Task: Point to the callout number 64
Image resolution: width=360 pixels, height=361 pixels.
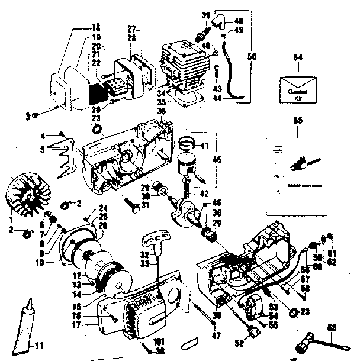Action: [x=298, y=57]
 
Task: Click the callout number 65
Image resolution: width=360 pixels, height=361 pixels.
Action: [x=298, y=121]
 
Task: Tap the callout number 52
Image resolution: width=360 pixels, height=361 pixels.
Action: [x=239, y=342]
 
